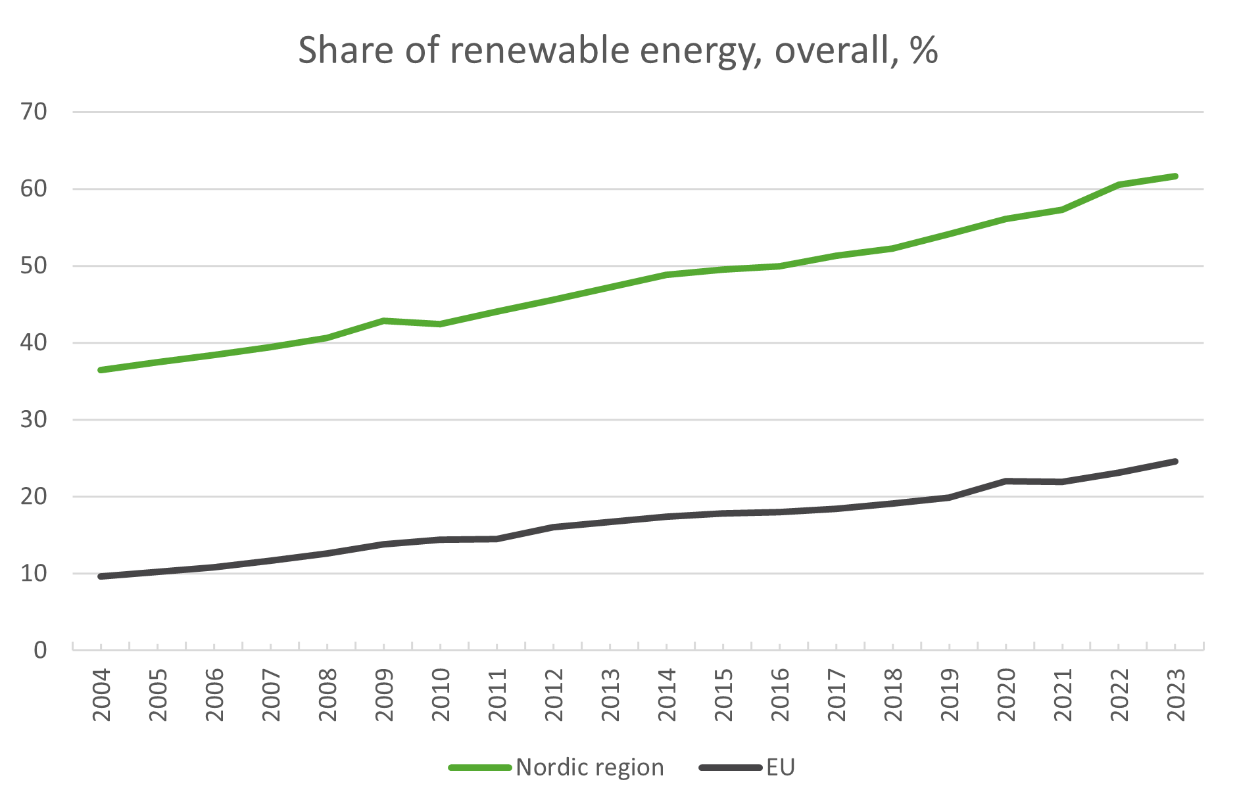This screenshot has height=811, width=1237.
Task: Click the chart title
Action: click(618, 50)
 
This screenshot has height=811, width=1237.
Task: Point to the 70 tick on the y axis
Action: click(34, 112)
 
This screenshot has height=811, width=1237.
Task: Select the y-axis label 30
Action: click(34, 419)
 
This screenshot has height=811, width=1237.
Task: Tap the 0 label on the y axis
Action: click(40, 650)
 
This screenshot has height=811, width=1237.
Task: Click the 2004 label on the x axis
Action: click(101, 695)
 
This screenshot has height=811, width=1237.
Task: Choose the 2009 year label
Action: click(384, 695)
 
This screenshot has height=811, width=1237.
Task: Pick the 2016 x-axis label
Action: click(780, 695)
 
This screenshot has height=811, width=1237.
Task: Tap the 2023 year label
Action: click(1176, 695)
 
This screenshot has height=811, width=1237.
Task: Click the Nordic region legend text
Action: click(590, 767)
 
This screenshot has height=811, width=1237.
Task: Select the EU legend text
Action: click(781, 767)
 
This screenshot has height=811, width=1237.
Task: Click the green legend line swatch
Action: click(480, 768)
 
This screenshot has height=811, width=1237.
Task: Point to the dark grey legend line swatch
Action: click(730, 768)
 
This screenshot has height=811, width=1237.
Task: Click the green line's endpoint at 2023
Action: click(1175, 176)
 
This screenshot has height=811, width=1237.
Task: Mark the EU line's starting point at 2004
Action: click(101, 576)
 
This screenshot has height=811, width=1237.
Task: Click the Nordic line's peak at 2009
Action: click(384, 321)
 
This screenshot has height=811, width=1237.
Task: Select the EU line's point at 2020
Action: click(1006, 481)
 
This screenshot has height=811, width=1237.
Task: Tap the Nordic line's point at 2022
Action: click(1119, 185)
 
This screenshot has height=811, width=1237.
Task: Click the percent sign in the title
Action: click(924, 50)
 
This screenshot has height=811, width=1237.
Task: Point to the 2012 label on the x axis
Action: click(554, 695)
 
